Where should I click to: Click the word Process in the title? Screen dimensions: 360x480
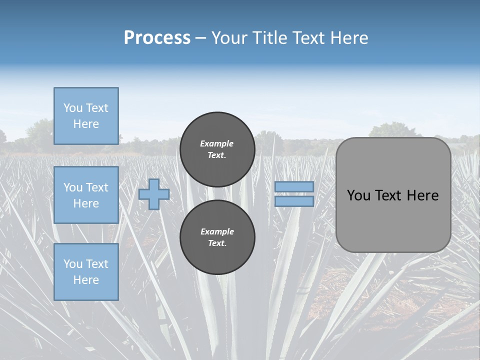point(157,38)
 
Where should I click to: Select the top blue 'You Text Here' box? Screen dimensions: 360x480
point(86,116)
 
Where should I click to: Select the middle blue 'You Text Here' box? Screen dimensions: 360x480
point(86,195)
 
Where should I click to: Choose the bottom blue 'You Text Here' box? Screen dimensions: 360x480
point(86,272)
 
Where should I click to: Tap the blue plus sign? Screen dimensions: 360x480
point(153,194)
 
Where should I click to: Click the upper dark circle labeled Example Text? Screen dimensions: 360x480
point(217,149)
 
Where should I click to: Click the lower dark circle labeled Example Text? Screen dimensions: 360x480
point(217,237)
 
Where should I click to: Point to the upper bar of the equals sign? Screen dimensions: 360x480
point(294,187)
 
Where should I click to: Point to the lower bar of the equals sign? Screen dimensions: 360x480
point(294,201)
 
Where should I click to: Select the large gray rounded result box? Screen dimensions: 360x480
point(393,220)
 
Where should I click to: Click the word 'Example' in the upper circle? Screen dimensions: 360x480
point(217,143)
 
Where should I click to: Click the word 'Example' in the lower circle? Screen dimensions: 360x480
point(217,231)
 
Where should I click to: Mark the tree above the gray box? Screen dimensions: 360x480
point(391,130)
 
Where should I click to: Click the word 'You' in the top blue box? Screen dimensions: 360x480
point(73,108)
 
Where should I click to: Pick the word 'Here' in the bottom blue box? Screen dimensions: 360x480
point(86,280)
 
